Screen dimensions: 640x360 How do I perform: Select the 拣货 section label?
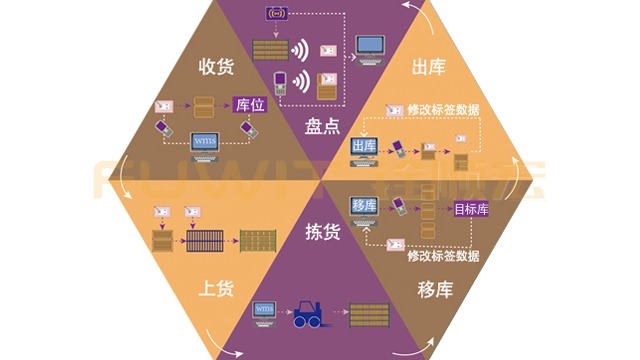pos(322,232)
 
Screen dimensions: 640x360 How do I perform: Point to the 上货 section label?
pos(217,289)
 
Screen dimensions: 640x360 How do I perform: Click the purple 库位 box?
pos(249,105)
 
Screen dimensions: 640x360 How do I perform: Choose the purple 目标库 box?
pos(471,210)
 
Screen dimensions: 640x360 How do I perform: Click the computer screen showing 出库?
pos(363,148)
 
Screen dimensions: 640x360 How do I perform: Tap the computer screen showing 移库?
pos(363,205)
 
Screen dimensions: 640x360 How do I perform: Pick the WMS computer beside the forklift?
pos(265,312)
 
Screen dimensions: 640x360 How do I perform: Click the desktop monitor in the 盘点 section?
pos(372,47)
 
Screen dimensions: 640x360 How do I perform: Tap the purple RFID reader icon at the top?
pos(277,13)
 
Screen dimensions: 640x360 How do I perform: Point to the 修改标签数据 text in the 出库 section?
pos(433,109)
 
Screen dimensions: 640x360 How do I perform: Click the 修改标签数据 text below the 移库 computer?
pos(444,255)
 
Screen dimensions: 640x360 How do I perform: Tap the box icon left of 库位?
pos(203,104)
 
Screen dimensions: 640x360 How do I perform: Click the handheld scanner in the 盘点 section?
pos(281,83)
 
